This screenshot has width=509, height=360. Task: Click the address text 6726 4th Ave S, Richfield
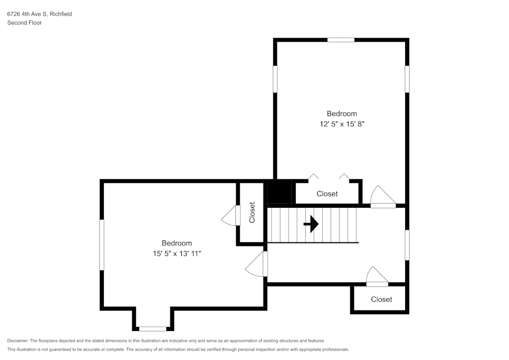(39, 14)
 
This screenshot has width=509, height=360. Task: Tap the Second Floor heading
(24, 23)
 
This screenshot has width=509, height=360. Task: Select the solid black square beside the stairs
(279, 193)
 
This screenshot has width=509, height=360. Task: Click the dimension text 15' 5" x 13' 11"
(177, 253)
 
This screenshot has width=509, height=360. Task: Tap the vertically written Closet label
(252, 213)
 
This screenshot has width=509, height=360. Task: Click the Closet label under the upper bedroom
(327, 194)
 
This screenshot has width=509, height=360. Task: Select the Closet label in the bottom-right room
(381, 299)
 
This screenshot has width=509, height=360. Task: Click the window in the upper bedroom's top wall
(341, 40)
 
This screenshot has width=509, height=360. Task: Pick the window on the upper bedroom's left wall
(275, 79)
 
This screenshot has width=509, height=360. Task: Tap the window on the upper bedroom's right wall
(407, 79)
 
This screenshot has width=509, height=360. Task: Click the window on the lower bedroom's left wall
(102, 244)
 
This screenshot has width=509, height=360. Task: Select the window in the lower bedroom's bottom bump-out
(153, 329)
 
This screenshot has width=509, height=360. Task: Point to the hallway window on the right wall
(407, 245)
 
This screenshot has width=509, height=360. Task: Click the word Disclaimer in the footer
(18, 341)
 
